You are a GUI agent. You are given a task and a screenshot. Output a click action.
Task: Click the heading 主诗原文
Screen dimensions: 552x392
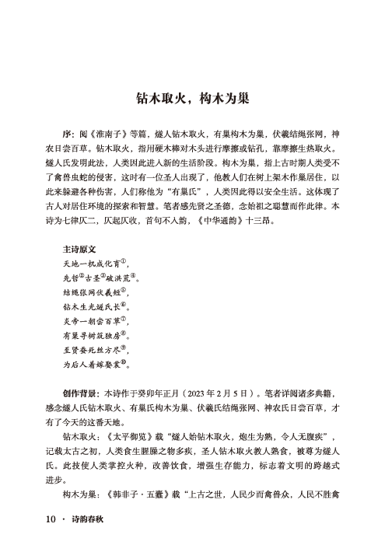[x=79, y=251]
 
